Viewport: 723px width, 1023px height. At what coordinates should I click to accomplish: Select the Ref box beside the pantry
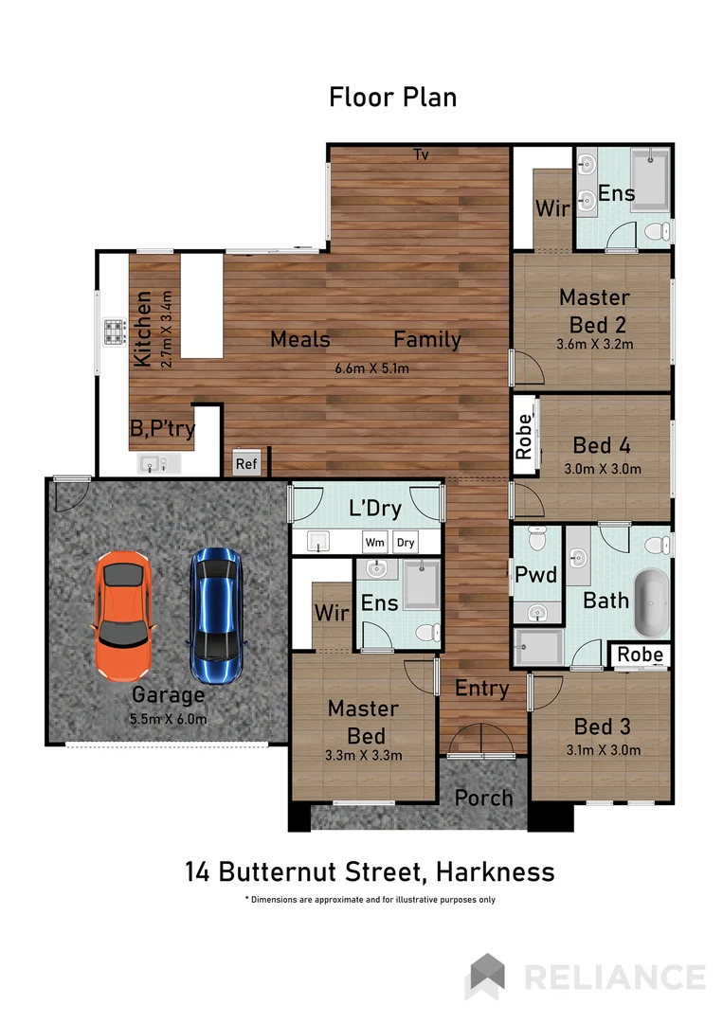click(x=246, y=464)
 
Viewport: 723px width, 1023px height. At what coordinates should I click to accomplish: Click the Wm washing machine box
click(x=374, y=543)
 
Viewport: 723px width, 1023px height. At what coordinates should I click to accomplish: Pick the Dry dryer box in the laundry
click(x=406, y=543)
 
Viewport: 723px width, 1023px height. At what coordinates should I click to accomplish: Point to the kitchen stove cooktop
click(x=116, y=332)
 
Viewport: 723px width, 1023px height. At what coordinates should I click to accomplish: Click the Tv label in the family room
click(x=421, y=155)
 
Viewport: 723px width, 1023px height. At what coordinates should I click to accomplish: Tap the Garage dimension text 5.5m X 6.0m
click(x=168, y=718)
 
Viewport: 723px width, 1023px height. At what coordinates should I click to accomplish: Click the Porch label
click(x=483, y=798)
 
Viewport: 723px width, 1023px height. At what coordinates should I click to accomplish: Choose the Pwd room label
click(x=534, y=573)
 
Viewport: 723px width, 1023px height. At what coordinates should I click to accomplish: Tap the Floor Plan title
click(x=392, y=97)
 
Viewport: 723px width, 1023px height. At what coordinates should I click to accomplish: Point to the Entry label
click(x=482, y=689)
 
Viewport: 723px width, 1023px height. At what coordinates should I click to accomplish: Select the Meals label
click(x=299, y=339)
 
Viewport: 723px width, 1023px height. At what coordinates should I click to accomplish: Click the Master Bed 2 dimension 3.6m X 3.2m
click(x=594, y=343)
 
